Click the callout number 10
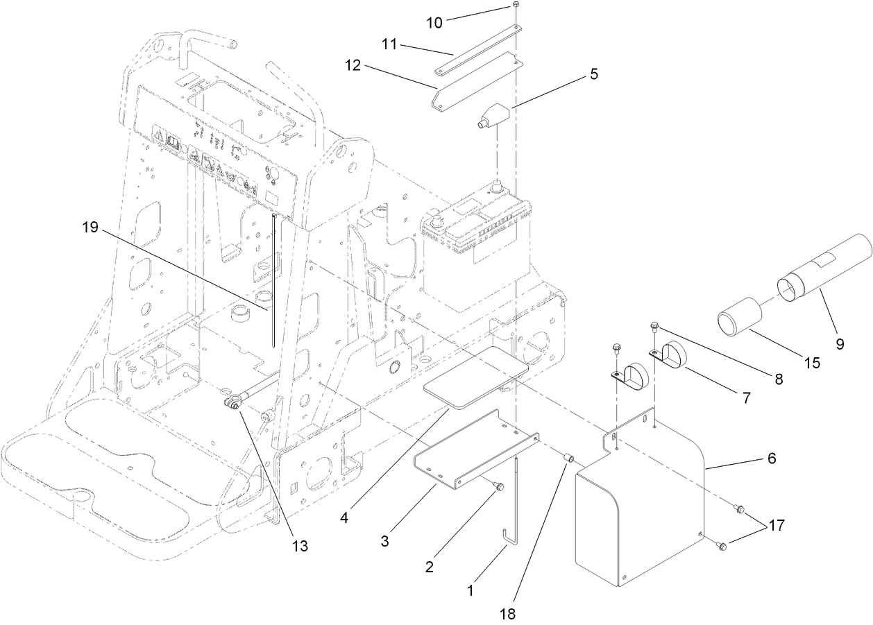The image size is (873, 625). click(x=434, y=22)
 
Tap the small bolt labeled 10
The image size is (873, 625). click(x=517, y=6)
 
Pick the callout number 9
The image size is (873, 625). click(x=840, y=343)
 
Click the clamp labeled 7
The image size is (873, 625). click(x=670, y=355)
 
